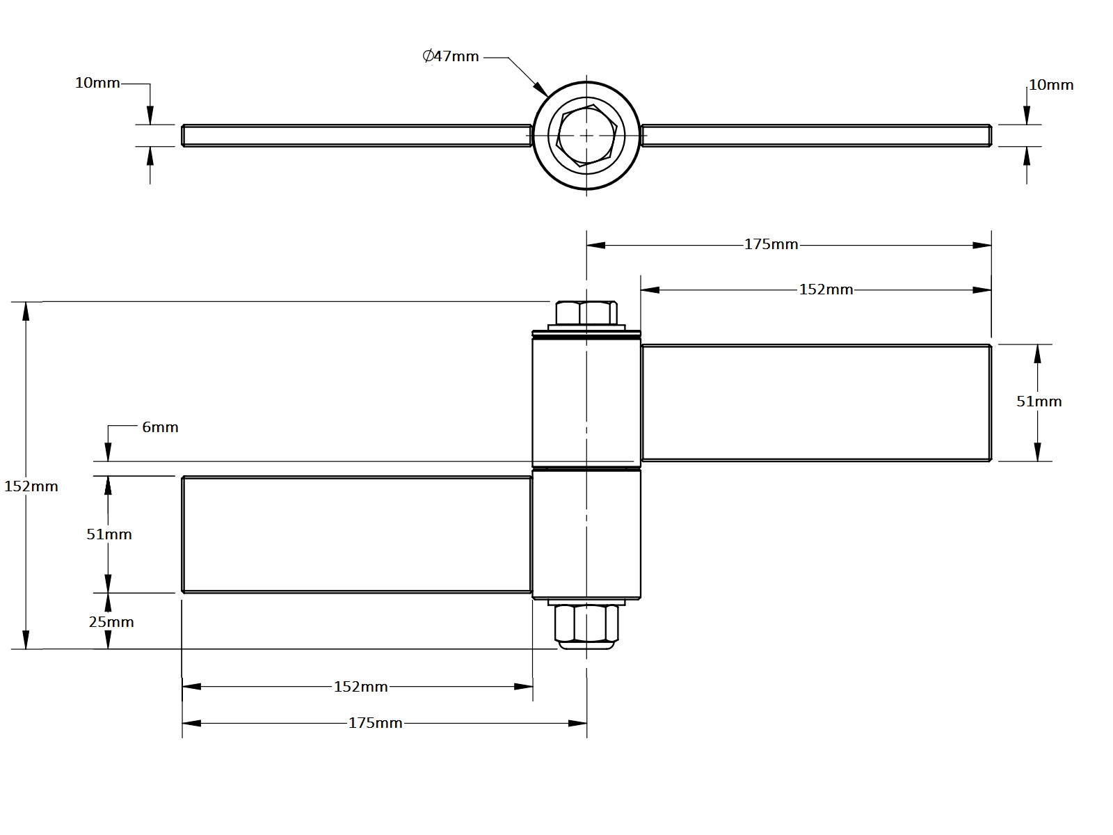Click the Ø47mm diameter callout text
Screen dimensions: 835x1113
[451, 57]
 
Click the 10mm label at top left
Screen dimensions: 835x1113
[97, 83]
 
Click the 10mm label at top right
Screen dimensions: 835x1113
[1050, 85]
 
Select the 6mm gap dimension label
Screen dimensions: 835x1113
[160, 427]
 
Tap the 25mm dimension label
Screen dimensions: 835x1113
[111, 622]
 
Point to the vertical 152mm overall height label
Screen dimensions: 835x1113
[31, 486]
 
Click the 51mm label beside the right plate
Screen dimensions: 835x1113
[1039, 401]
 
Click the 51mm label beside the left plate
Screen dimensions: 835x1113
[109, 534]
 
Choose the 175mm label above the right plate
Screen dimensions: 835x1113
[771, 244]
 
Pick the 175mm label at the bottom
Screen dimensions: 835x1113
[375, 723]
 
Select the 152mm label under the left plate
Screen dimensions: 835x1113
[360, 687]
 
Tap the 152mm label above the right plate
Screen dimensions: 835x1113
[826, 289]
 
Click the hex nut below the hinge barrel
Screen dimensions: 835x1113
[586, 624]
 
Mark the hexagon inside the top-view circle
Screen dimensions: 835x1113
[586, 135]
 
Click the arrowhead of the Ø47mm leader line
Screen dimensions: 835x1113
[542, 90]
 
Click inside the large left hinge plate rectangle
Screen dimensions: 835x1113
[356, 534]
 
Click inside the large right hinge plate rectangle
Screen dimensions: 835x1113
[815, 402]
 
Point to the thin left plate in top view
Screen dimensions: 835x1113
[356, 135]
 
